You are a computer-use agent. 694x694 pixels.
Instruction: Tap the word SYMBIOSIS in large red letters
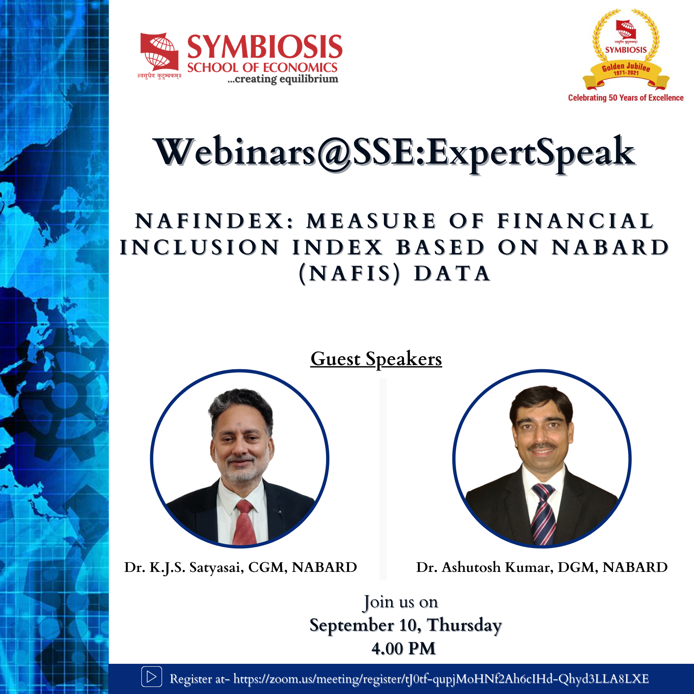[265, 47]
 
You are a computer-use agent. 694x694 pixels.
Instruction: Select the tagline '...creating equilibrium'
[282, 79]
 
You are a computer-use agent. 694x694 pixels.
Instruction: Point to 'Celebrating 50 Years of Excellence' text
[626, 98]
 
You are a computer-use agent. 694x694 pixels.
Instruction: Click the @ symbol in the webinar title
[334, 154]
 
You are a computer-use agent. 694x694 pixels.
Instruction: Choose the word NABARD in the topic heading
[611, 248]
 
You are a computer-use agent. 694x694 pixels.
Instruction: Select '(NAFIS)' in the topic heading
[350, 274]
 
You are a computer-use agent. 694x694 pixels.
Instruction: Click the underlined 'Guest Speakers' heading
[376, 359]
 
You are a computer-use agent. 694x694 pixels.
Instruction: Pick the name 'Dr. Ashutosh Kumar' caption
[484, 567]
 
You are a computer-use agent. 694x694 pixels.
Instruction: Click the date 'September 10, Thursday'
[405, 625]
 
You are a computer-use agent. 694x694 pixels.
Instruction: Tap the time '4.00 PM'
[404, 649]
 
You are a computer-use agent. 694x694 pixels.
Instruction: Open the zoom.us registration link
[441, 679]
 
